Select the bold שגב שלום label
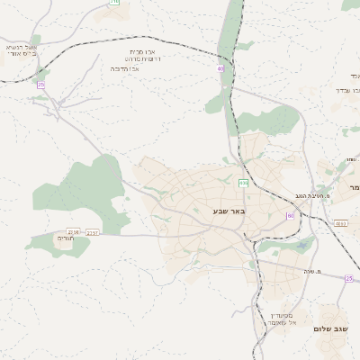(332, 329)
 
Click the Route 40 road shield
(220, 68)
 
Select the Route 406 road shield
(243, 183)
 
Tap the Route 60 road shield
(290, 216)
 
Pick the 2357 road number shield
(93, 232)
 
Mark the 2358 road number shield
(73, 231)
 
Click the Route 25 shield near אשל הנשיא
(41, 85)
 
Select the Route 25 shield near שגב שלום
(348, 278)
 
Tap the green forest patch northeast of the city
(270, 119)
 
